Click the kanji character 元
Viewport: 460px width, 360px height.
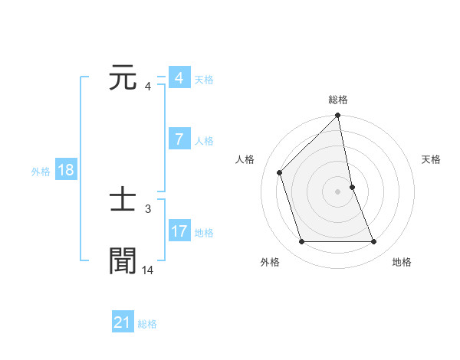point(123,78)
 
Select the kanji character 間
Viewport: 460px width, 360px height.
point(123,260)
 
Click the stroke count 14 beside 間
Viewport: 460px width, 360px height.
point(147,270)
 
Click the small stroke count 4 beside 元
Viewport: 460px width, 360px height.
point(147,86)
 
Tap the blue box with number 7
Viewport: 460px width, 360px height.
point(179,139)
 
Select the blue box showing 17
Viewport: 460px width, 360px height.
point(179,231)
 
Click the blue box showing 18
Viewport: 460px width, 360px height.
point(66,170)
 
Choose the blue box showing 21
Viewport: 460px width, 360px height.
point(123,322)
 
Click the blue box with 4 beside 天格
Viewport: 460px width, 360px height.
point(179,78)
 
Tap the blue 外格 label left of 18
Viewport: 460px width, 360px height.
point(41,172)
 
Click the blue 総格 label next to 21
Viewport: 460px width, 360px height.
point(147,324)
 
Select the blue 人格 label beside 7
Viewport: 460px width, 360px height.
point(204,141)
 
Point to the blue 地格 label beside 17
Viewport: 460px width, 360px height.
point(204,233)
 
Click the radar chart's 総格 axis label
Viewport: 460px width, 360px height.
point(338,100)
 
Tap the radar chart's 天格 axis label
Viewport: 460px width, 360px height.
point(431,159)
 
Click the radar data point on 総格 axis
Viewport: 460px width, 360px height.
point(338,116)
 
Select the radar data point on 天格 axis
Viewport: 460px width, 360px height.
point(352,187)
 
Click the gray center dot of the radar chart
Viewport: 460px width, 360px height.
point(338,191)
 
